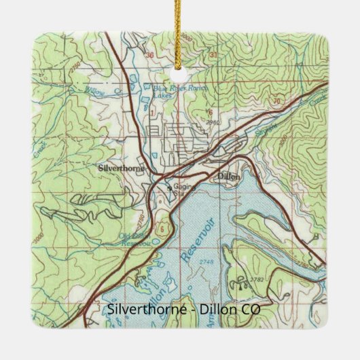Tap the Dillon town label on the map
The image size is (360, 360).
pyautogui.click(x=228, y=175)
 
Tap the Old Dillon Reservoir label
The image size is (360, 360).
pyautogui.click(x=134, y=239)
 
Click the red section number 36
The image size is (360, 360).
pyautogui.click(x=150, y=52)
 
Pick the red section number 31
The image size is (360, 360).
pyautogui.click(x=213, y=53)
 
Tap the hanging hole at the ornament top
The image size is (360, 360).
pyautogui.click(x=180, y=66)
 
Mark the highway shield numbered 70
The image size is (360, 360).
pyautogui.click(x=276, y=102)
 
